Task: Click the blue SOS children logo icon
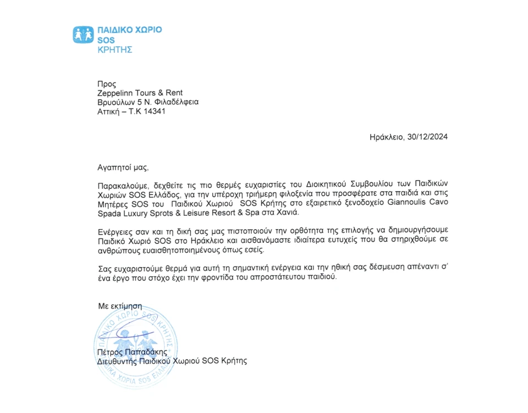(x=83, y=34)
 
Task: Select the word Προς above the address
(x=106, y=84)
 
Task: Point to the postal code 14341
(x=154, y=111)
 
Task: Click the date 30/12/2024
(x=427, y=137)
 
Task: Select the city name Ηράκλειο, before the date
(x=387, y=137)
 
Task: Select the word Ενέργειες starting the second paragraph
(x=114, y=232)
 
